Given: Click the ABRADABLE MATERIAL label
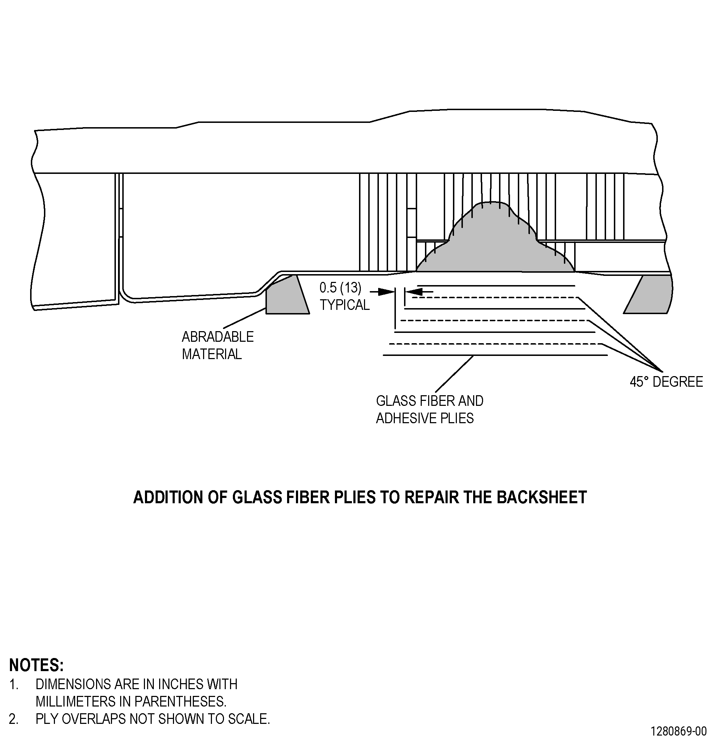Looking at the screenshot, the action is (x=218, y=345).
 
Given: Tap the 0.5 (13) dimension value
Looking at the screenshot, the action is (x=340, y=288).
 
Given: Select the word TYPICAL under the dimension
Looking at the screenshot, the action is (x=345, y=305).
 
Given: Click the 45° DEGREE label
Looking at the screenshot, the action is (x=666, y=381).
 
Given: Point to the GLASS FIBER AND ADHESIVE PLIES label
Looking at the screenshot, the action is (x=430, y=409).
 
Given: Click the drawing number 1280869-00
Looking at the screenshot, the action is (x=679, y=731).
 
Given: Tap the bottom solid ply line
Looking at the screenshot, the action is (x=495, y=355).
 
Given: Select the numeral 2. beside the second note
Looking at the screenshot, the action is (x=14, y=719).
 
